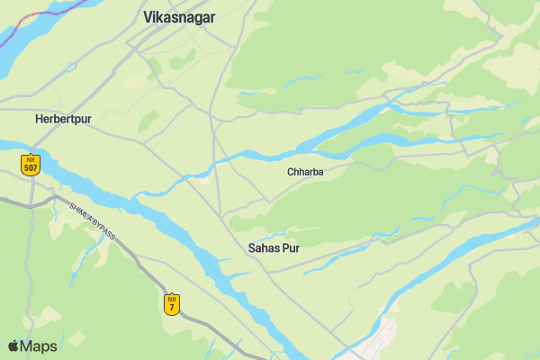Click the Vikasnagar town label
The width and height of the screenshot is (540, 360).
(173, 16)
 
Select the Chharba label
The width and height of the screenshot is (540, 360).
(305, 172)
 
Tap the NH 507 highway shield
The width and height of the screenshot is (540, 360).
(31, 164)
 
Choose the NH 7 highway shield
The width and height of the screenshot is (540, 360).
(171, 304)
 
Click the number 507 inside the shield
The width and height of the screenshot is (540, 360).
(31, 168)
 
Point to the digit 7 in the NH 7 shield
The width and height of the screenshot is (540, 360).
(171, 309)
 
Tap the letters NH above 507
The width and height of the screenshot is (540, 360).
(31, 159)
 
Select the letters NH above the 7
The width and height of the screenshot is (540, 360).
(171, 298)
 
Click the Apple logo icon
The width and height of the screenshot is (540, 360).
(14, 346)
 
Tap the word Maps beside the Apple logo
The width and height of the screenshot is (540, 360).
(39, 346)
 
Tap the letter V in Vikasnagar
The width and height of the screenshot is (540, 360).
(148, 16)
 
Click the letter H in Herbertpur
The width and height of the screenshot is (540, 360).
(39, 119)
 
